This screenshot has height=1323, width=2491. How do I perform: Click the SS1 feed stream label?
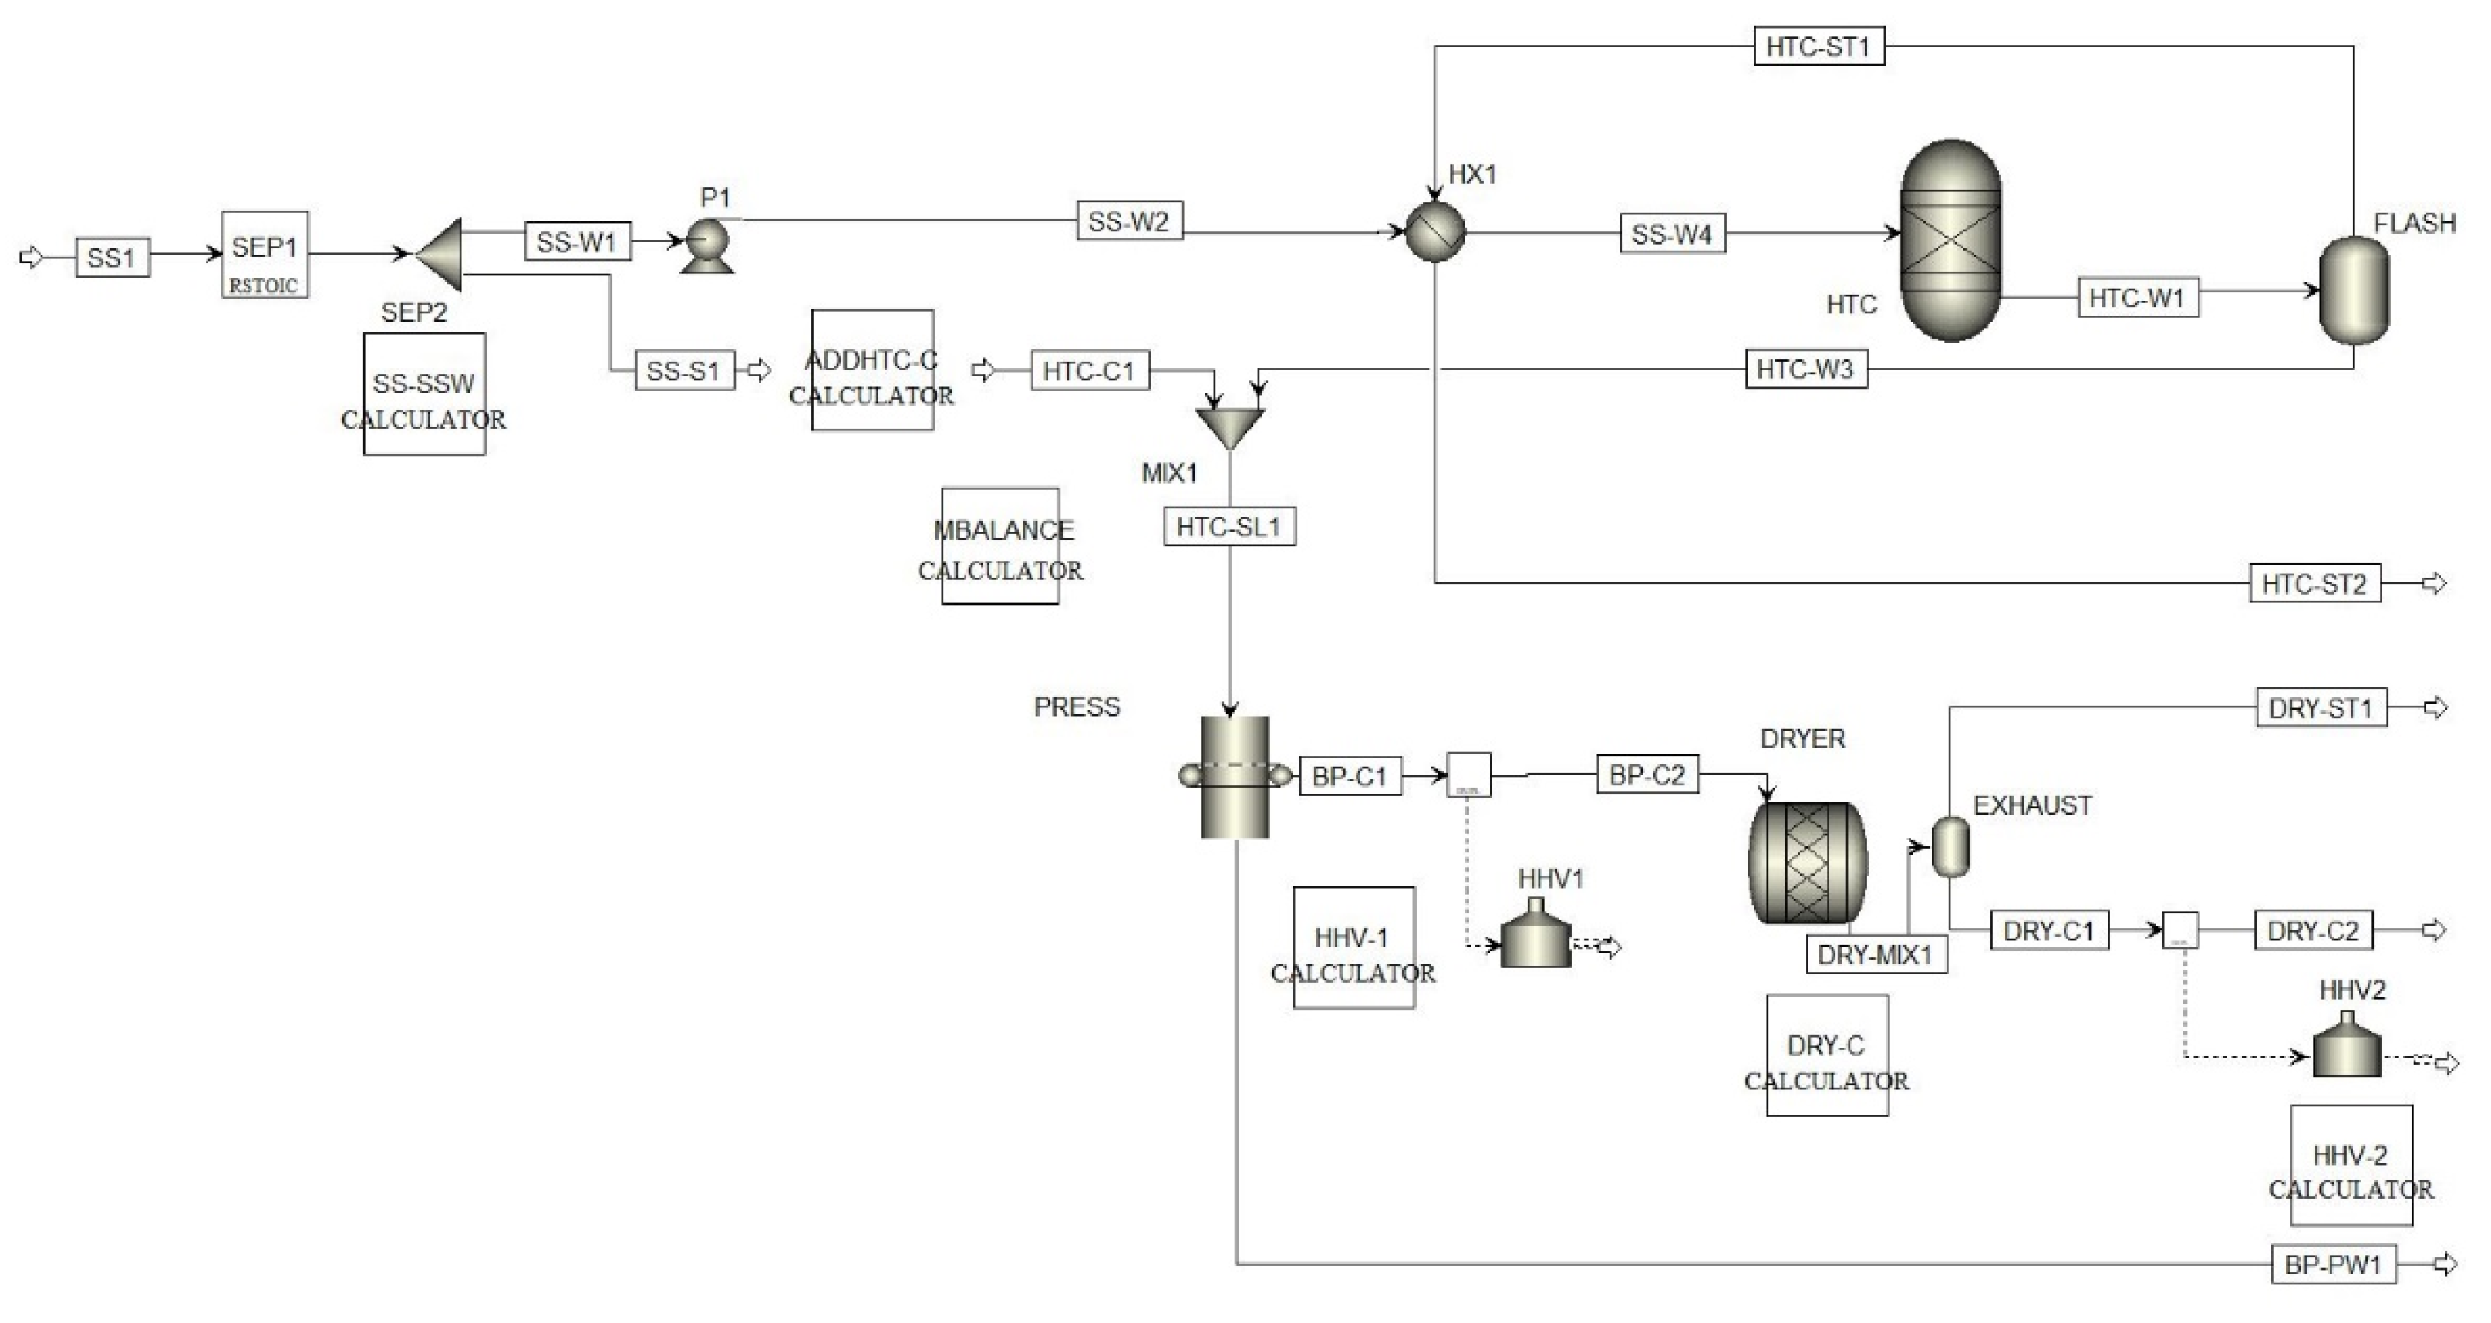coord(112,258)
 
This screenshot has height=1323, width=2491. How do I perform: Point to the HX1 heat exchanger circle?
coord(1435,232)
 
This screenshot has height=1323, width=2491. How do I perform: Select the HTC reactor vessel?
coord(1950,240)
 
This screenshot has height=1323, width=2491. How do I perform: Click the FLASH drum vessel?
coord(2354,290)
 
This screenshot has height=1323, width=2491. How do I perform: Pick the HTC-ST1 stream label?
coord(1818,46)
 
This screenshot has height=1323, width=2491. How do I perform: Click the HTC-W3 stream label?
coord(1805,370)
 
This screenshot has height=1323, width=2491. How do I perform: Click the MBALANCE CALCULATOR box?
coord(1000,546)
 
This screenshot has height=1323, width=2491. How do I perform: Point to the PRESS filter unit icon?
coord(1234,777)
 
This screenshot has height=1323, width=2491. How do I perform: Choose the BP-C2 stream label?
coord(1647,775)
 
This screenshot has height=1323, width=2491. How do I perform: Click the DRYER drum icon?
coord(1806,862)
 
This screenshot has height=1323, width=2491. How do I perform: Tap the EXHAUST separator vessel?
coord(1950,846)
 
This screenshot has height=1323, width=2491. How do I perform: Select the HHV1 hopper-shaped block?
coord(1535,937)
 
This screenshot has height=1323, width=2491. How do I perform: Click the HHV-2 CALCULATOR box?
coord(2351,1166)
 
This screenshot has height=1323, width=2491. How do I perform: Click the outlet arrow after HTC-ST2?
coord(2434,583)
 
